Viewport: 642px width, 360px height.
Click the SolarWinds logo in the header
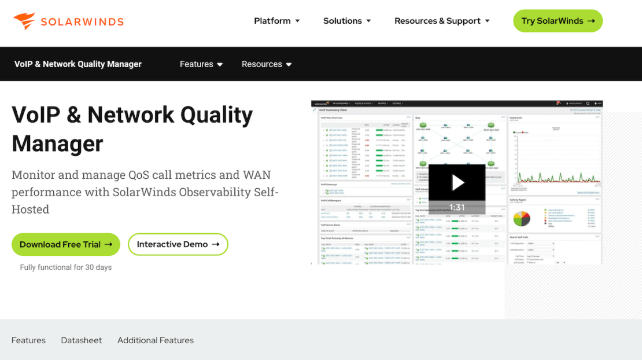[69, 21]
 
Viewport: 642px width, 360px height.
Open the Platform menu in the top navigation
[277, 21]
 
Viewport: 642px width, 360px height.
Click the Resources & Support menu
[442, 21]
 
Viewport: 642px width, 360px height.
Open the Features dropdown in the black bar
[201, 64]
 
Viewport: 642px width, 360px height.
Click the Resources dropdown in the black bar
[267, 64]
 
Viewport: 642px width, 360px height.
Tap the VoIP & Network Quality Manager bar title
[78, 64]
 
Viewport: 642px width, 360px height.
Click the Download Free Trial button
[66, 244]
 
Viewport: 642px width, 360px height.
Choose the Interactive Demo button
[178, 244]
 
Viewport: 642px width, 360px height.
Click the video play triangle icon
[457, 183]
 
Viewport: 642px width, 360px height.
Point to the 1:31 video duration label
[457, 207]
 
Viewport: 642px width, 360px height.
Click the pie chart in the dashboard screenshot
[522, 218]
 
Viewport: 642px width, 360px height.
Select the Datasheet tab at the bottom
[82, 340]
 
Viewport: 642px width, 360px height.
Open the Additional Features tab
[156, 340]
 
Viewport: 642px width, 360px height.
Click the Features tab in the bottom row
[28, 340]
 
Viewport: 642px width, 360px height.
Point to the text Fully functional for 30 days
[66, 267]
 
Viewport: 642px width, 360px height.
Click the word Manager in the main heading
[57, 144]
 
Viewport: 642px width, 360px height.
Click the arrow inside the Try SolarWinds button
[591, 21]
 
